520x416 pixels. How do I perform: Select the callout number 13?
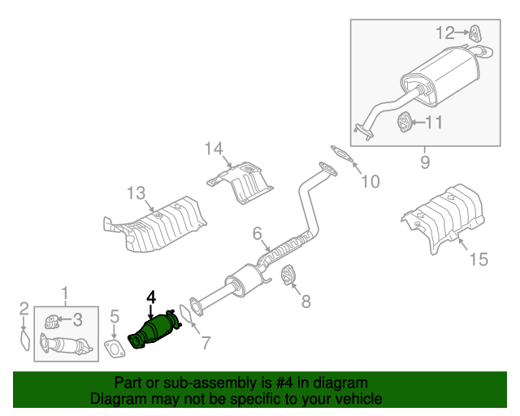click(x=136, y=193)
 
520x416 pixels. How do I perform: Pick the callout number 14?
click(x=213, y=148)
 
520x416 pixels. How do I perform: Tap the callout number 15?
click(x=478, y=259)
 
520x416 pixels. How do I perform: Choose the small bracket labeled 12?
click(x=474, y=32)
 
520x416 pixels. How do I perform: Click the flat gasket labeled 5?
click(x=115, y=349)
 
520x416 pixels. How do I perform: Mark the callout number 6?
click(x=257, y=234)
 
